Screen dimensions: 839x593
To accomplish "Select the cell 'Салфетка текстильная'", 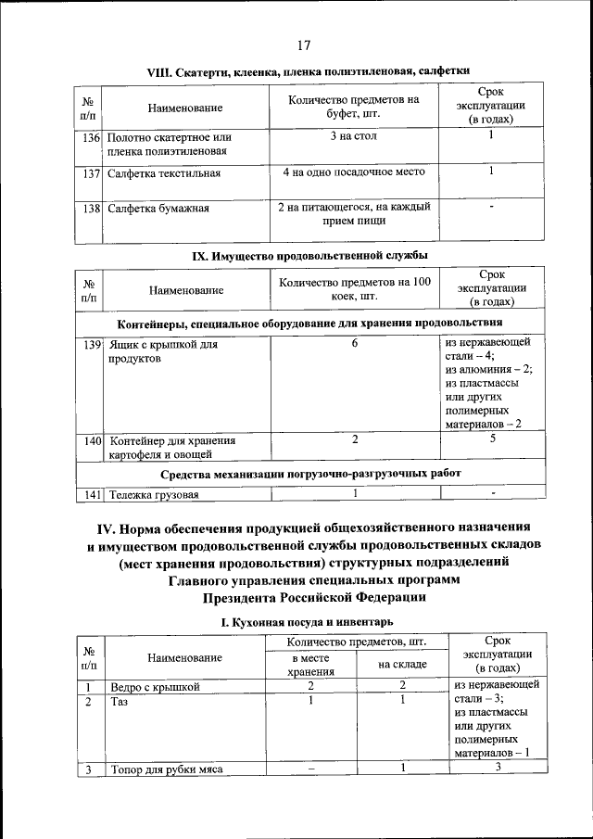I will [x=164, y=173].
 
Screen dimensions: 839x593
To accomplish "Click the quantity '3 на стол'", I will [x=353, y=136].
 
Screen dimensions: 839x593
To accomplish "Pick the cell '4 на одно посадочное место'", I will [x=353, y=172].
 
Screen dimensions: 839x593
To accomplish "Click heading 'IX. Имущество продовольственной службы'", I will [x=309, y=254].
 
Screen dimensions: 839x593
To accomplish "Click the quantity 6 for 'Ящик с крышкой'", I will [x=355, y=344].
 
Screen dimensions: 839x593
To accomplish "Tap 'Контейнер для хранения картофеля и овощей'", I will [x=171, y=448].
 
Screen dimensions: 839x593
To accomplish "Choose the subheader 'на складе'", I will [x=402, y=665].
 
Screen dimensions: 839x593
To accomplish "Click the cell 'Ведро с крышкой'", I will [x=156, y=687].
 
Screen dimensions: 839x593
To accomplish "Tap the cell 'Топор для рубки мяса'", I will [x=167, y=769].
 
